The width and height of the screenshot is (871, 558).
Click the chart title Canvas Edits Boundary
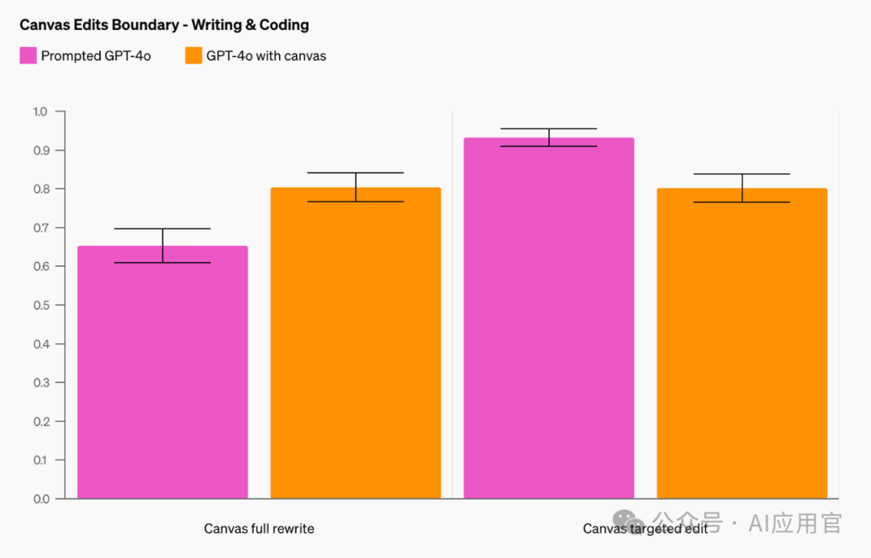click(x=164, y=25)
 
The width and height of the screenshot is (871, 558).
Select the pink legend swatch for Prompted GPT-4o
click(x=28, y=56)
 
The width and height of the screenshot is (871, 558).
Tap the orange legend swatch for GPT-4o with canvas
click(x=194, y=56)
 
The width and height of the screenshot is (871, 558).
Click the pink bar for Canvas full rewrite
click(x=162, y=372)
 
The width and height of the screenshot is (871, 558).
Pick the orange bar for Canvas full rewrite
click(x=356, y=343)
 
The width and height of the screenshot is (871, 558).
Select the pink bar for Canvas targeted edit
click(x=549, y=318)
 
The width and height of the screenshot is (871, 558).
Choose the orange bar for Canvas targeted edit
click(x=742, y=343)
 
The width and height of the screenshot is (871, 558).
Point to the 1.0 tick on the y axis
click(x=40, y=111)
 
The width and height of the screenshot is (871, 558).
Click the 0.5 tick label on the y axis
click(x=40, y=305)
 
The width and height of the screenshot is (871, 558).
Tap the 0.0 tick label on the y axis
click(x=40, y=498)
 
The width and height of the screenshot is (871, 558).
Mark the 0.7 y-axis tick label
click(x=40, y=227)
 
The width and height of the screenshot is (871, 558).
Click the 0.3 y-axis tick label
click(x=40, y=382)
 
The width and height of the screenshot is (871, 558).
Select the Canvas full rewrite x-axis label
click(x=259, y=529)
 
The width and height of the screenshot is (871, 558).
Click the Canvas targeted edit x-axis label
click(x=645, y=529)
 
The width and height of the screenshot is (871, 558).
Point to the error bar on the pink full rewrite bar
click(x=163, y=245)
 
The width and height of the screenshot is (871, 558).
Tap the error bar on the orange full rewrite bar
click(x=356, y=187)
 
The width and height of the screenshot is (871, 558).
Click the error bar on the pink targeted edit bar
click(x=549, y=137)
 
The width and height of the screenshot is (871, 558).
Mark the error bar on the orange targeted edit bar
click(x=742, y=188)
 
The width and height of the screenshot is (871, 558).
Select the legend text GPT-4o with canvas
click(x=266, y=56)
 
